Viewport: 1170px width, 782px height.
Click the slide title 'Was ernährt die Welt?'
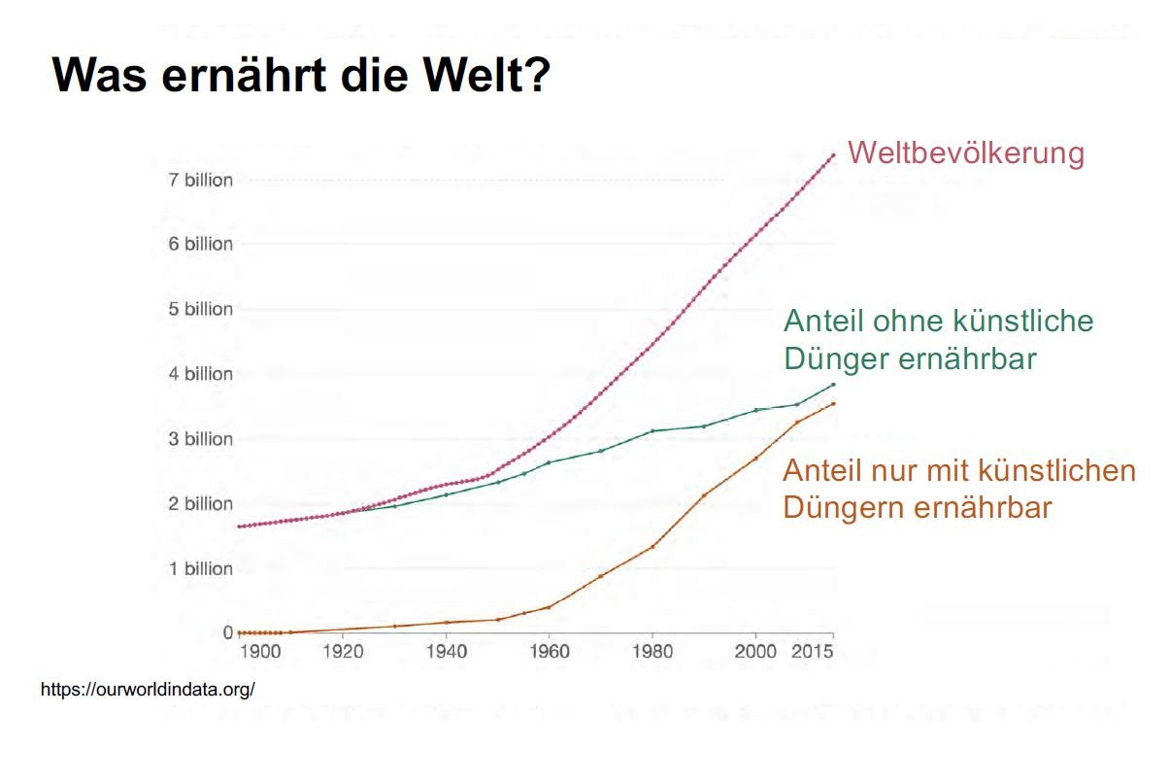click(301, 75)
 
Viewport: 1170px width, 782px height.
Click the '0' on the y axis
click(228, 632)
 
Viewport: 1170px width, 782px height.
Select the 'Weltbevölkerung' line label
click(965, 153)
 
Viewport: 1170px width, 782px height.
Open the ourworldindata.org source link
click(148, 689)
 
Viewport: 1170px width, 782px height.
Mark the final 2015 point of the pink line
click(832, 155)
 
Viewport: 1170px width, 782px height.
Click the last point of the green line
click(832, 385)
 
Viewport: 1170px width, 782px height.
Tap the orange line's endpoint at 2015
click(832, 404)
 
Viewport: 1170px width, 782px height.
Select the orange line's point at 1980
click(652, 547)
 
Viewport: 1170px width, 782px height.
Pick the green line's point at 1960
click(549, 462)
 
